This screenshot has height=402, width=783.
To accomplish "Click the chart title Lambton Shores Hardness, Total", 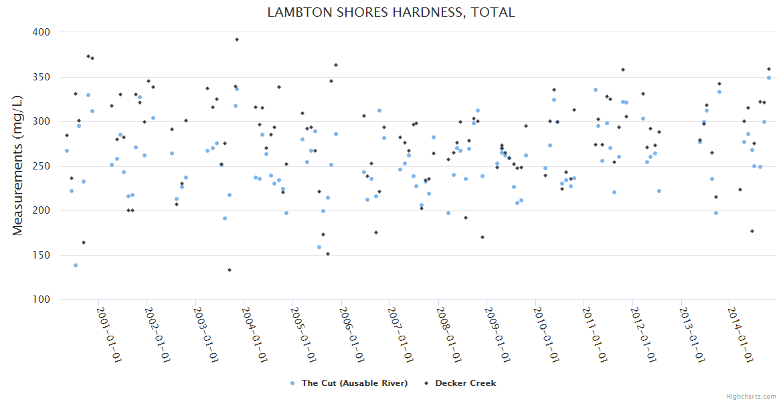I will point(391,12).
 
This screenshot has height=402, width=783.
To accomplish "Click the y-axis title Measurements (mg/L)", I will point(18,165).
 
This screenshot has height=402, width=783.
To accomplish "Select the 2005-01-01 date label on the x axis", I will point(303,334).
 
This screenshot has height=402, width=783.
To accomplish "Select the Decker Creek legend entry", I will point(465,383).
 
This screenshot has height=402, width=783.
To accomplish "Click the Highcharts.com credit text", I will point(751,396).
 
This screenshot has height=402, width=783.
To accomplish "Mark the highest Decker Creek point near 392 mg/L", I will point(237,40).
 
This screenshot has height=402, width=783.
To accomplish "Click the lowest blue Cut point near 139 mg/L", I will point(76,265).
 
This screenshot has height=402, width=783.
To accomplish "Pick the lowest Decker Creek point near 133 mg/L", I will point(230,270).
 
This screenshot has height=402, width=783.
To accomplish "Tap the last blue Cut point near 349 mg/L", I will point(769,78).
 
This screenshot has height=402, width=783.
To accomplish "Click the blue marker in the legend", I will point(292,383).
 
